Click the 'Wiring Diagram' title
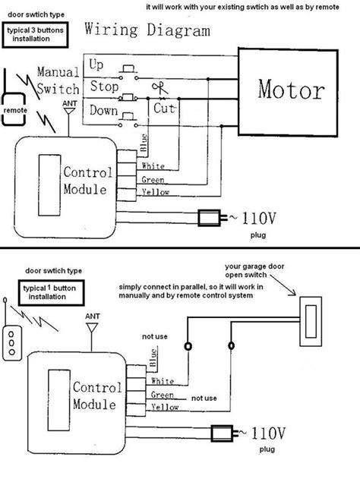point(147,31)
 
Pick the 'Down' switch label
point(103,111)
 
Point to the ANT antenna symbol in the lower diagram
point(93,329)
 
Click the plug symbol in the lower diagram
point(222,433)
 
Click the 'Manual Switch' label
point(58,80)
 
